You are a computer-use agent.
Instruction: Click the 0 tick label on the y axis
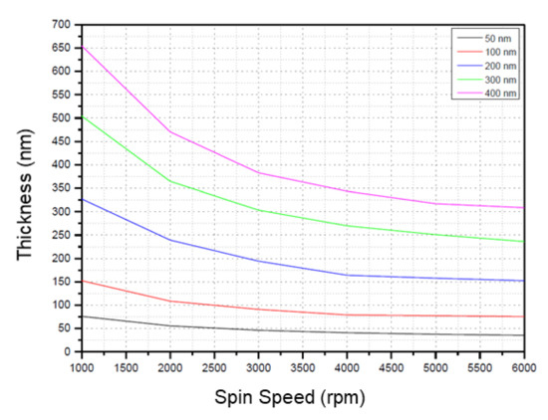click(x=68, y=351)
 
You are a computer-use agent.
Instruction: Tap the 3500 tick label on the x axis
click(x=300, y=365)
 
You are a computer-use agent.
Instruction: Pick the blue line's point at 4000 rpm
click(x=345, y=275)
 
